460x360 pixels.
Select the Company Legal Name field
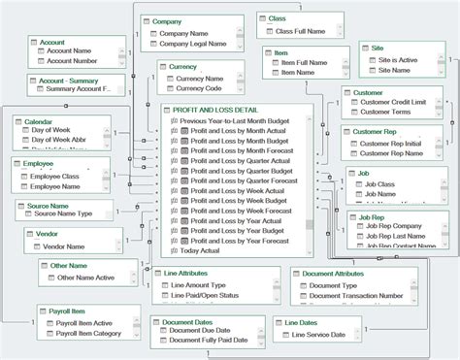click(x=191, y=43)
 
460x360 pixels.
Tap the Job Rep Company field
click(x=398, y=227)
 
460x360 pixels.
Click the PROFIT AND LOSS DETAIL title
click(x=222, y=111)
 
